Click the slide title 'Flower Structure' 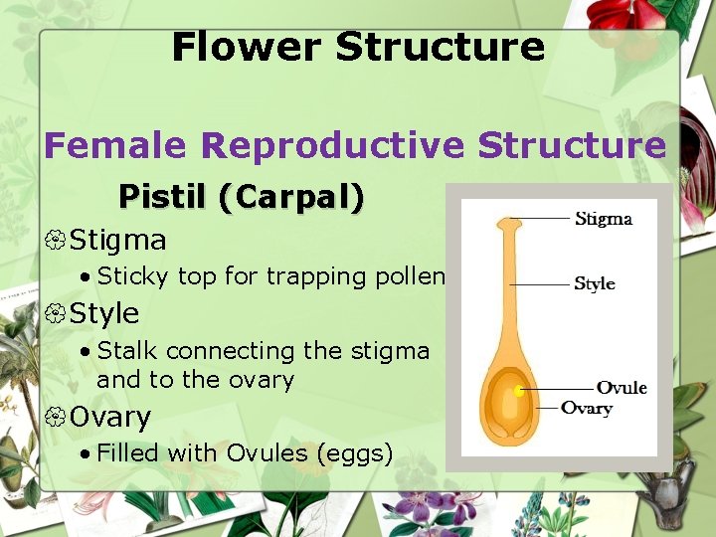[x=358, y=47]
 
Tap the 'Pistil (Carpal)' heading [x=241, y=197]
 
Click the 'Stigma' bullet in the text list [x=118, y=241]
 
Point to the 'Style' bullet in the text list [x=104, y=314]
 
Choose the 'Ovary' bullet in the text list [x=109, y=418]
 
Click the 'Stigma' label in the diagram [x=603, y=219]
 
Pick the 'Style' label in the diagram [x=595, y=283]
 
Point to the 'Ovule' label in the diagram [x=622, y=388]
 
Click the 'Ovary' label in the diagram [x=587, y=408]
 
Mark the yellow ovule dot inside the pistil [x=519, y=391]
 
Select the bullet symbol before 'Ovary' [x=56, y=418]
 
